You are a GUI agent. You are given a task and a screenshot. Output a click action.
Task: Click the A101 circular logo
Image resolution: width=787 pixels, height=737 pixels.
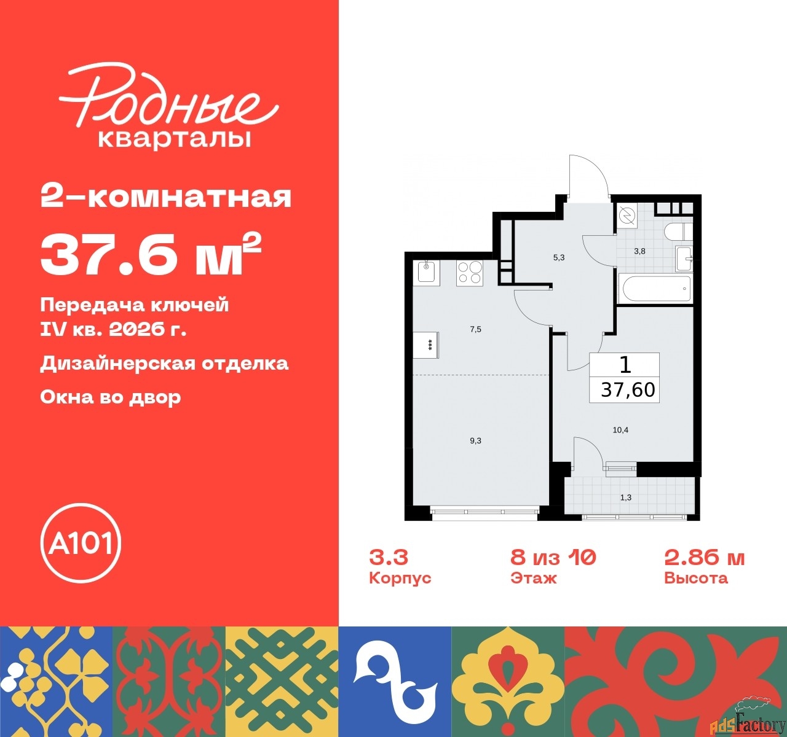[81, 543]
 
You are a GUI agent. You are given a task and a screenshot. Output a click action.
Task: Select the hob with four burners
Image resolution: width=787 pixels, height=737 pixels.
[469, 272]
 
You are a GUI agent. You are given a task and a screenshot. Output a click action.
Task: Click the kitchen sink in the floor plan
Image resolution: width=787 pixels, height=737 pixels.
[427, 271]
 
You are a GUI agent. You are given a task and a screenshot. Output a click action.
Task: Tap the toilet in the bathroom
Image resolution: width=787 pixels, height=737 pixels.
[678, 233]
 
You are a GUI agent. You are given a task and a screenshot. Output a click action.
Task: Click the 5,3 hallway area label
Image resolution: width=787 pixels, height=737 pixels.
[558, 258]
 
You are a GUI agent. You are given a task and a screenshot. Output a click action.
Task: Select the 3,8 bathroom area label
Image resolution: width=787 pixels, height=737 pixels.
[639, 251]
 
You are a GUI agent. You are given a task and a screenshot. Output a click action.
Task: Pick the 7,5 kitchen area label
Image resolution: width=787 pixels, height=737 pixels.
[475, 329]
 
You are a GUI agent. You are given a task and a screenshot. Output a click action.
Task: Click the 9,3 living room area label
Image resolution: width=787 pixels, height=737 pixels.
[475, 440]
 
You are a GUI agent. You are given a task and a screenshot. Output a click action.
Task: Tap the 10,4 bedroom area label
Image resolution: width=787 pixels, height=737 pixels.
[620, 430]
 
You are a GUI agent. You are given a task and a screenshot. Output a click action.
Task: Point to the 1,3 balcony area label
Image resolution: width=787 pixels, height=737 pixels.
[625, 497]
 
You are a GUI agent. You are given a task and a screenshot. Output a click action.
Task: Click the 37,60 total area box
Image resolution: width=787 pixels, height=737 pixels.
[625, 378]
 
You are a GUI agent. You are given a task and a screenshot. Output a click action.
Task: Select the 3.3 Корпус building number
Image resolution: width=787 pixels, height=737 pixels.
[389, 558]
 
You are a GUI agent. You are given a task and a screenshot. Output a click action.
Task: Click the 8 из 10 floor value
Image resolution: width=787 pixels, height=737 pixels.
[553, 558]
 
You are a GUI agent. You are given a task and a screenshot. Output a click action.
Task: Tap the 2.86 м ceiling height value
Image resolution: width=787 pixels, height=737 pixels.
[704, 558]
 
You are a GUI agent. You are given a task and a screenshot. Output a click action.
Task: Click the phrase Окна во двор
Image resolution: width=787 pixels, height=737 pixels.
[111, 397]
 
